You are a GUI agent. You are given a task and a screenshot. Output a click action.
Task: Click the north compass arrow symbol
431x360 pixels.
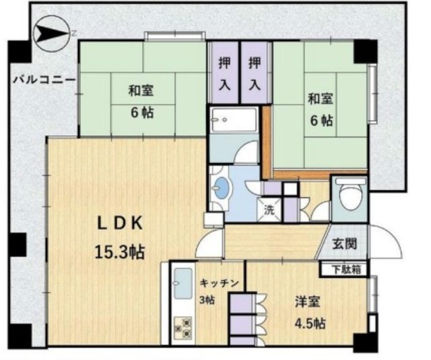51,34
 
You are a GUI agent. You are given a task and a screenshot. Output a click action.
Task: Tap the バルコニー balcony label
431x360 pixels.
44,80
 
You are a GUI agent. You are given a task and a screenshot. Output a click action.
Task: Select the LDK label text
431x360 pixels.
120,224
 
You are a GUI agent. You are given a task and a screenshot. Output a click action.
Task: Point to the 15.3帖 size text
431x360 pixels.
120,252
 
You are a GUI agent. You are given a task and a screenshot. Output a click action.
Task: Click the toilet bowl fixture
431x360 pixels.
350,194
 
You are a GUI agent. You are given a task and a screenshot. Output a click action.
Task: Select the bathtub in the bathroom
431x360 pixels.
233,120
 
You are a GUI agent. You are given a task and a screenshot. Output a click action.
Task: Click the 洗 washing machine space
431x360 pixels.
270,210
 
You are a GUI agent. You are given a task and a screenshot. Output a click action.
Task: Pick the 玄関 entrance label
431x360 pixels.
345,243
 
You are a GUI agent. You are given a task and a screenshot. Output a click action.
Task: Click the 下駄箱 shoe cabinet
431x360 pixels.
344,269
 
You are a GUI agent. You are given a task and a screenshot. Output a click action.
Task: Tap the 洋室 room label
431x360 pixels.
308,302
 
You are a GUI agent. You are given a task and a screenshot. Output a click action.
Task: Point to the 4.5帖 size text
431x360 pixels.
310,324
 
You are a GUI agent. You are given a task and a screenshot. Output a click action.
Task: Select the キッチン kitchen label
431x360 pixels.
219,283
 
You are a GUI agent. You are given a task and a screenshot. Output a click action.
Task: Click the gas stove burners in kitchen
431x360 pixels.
183,328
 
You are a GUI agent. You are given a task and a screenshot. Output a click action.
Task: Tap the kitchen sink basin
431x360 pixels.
183,284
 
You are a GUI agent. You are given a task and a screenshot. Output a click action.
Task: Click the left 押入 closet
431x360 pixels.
224,73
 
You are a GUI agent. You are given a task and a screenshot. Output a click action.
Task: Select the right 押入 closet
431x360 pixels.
255,73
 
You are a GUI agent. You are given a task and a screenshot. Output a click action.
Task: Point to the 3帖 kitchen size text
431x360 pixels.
207,300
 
